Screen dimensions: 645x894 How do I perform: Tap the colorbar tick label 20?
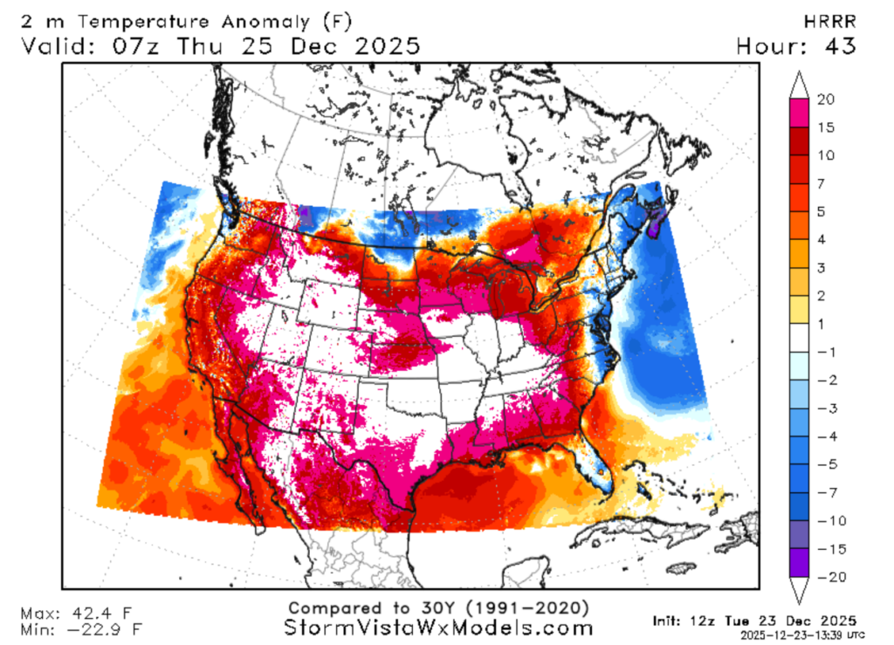pos(825,99)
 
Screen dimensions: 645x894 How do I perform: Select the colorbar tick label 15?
pos(825,127)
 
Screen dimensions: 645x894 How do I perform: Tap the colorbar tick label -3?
pos(825,408)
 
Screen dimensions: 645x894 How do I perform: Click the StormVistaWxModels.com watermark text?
pos(438,628)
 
